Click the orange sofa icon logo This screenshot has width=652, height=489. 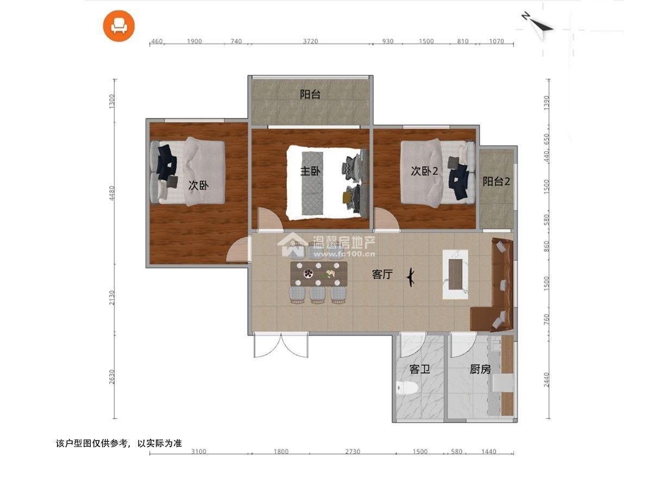coord(119,26)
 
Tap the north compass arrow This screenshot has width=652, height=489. coord(538,26)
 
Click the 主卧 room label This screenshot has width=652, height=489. coord(310,171)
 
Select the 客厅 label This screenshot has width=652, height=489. coord(383,274)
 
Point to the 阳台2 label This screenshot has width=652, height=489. coord(496,181)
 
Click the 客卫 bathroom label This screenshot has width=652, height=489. coord(419,369)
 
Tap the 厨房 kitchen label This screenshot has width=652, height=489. coord(480,369)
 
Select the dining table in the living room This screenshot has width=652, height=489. coord(319,274)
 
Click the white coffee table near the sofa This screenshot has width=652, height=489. coord(455,274)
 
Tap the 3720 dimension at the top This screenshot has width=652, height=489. coord(310,41)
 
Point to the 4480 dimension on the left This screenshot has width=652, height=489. coord(112,193)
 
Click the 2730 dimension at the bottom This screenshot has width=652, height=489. coord(353,452)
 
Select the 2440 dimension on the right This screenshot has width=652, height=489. coord(546,380)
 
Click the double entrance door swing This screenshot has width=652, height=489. coord(281,346)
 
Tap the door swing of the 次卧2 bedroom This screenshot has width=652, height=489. coord(386,219)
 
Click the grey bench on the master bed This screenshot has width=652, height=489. coord(312,183)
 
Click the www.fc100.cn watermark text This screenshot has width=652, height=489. coord(344,254)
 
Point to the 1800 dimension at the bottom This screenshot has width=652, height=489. coord(281,452)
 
